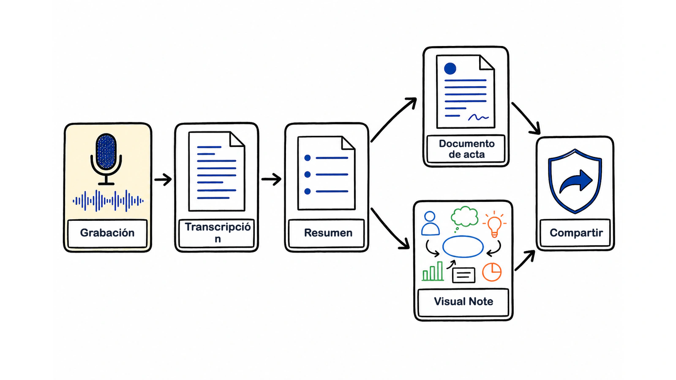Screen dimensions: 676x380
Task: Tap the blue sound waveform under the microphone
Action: (x=108, y=201)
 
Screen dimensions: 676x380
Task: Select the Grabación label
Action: (x=107, y=233)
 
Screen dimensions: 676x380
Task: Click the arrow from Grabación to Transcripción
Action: (x=163, y=179)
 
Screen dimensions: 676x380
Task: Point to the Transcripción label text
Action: (x=218, y=233)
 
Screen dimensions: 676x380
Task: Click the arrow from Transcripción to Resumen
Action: (x=271, y=179)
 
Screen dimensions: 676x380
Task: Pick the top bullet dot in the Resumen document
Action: (x=308, y=158)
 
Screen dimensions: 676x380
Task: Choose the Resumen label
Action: (x=328, y=233)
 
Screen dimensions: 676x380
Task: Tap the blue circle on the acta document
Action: (x=450, y=68)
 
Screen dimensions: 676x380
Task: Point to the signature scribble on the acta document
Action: (x=478, y=117)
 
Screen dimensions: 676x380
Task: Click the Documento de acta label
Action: (x=466, y=149)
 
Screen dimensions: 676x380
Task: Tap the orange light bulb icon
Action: (x=494, y=225)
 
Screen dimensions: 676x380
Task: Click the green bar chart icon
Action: (x=433, y=271)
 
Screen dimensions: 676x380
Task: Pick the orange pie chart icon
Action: (x=492, y=272)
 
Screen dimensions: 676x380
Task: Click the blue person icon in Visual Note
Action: (x=430, y=223)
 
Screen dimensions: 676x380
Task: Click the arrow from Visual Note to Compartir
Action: (x=524, y=261)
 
